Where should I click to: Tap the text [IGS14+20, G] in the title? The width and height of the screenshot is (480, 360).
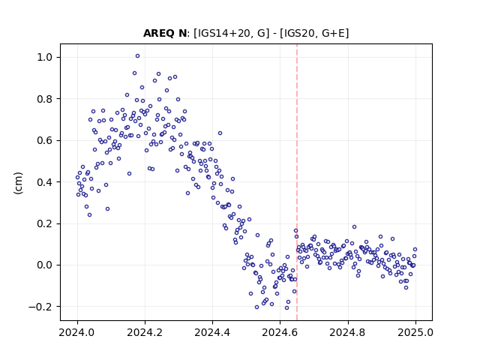click(x=232, y=33)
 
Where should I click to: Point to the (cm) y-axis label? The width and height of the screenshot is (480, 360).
click(x=18, y=183)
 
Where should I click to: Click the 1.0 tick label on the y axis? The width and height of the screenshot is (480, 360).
click(x=45, y=57)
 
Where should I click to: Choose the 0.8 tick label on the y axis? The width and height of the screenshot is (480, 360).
click(x=45, y=99)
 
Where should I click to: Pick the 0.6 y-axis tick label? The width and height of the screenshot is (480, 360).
click(x=45, y=140)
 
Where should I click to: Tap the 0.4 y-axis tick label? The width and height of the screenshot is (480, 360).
click(x=45, y=182)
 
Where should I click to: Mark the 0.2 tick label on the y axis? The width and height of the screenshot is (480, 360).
click(x=45, y=223)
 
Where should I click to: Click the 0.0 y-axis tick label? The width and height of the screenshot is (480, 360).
click(x=45, y=265)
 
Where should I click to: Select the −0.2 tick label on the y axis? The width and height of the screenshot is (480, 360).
click(x=41, y=307)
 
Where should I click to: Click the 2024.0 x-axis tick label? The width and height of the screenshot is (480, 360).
click(x=77, y=332)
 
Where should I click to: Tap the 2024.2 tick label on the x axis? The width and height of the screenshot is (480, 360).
click(x=145, y=332)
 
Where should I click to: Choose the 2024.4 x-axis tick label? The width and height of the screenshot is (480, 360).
click(x=212, y=332)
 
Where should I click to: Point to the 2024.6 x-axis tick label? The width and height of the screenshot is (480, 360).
click(x=280, y=332)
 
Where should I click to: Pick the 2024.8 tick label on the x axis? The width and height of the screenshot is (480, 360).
click(x=347, y=332)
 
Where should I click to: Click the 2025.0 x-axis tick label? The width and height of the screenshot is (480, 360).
click(x=415, y=332)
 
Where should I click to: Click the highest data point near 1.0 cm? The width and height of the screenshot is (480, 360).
click(x=137, y=56)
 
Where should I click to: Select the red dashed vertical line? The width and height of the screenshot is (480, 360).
click(x=297, y=182)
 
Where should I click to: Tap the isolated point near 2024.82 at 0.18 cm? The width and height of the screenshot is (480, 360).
click(x=354, y=226)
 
